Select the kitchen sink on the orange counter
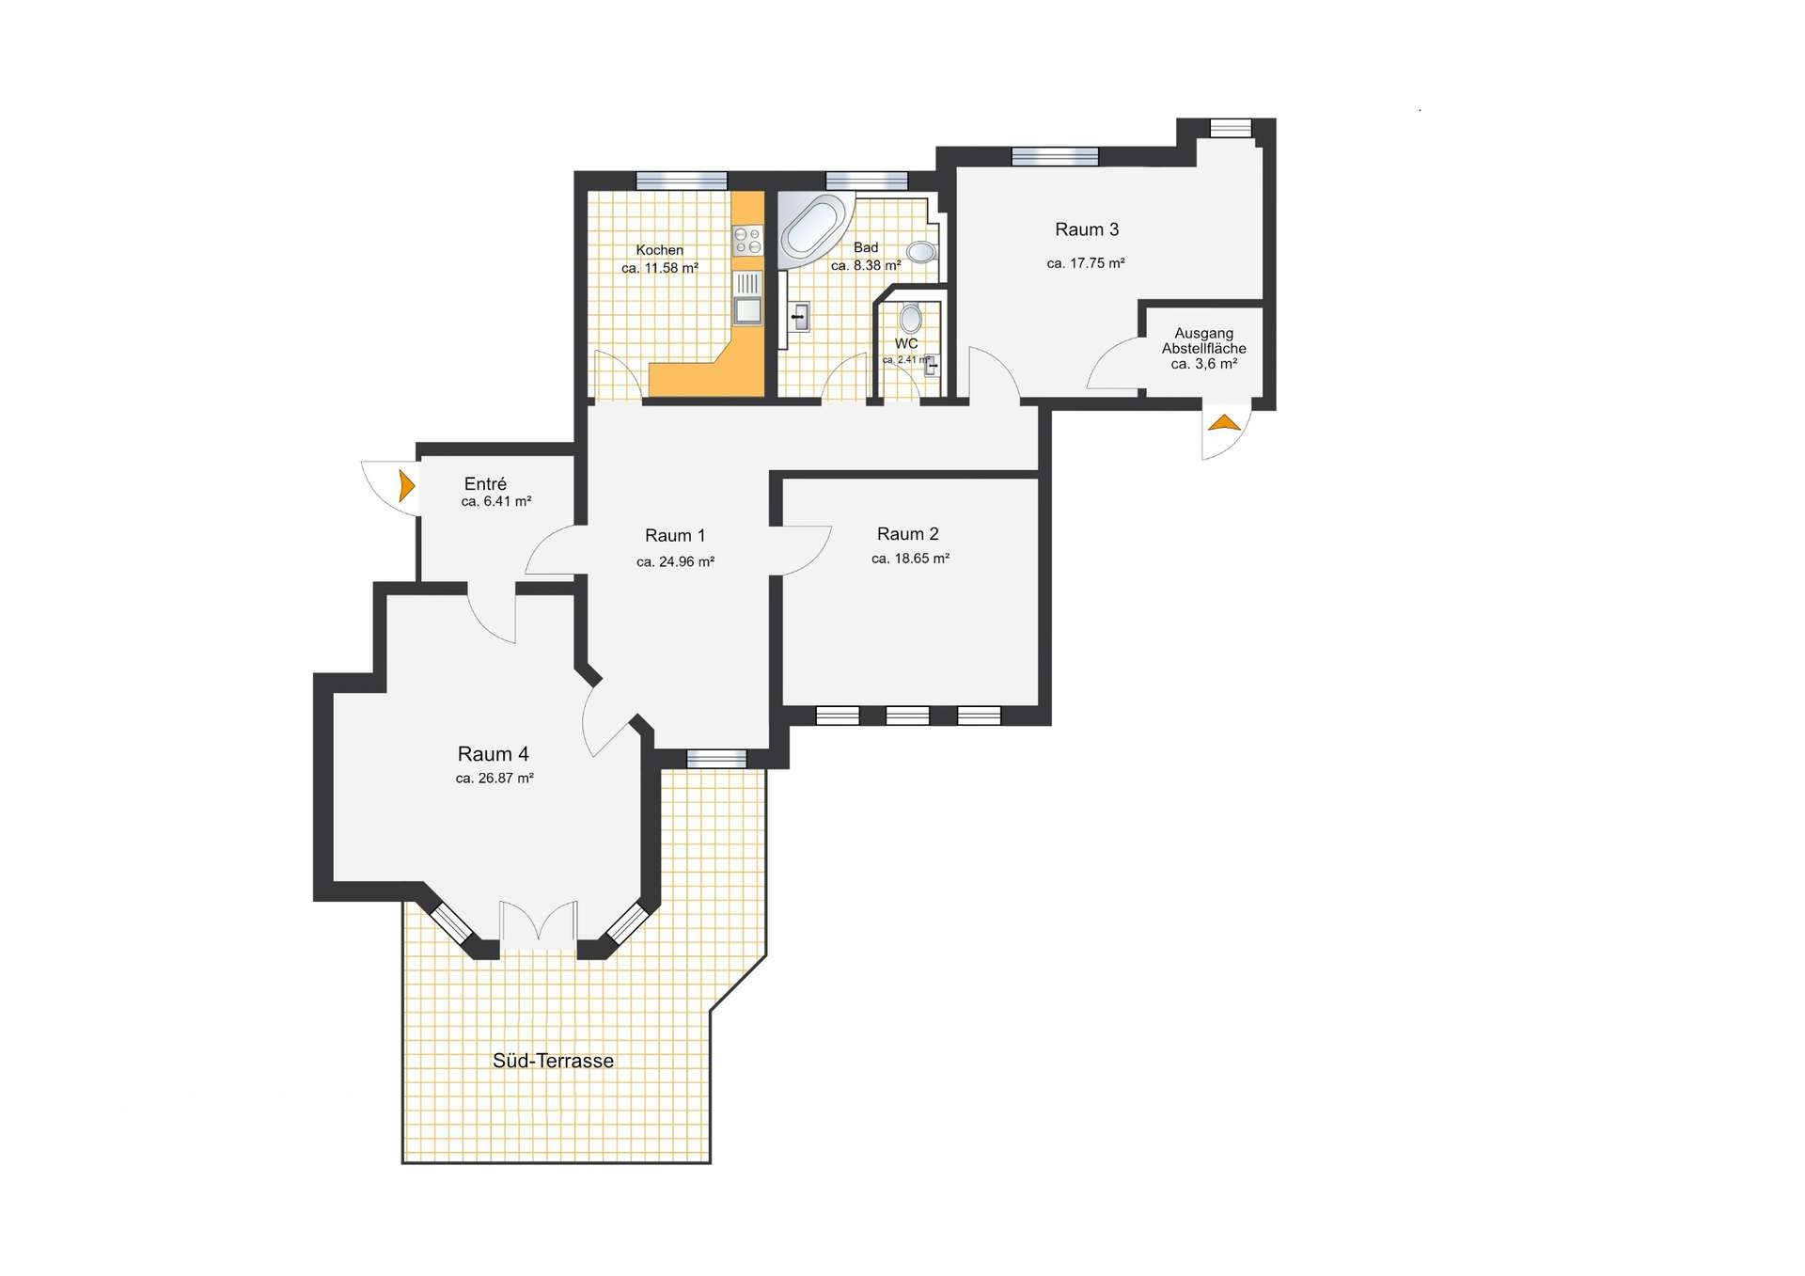[x=747, y=298]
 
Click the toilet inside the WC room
[x=910, y=319]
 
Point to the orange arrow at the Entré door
[x=407, y=485]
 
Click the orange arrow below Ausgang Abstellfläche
[x=1224, y=422]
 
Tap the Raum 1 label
[x=675, y=536]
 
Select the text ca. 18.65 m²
[x=910, y=559]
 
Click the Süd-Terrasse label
[x=553, y=1061]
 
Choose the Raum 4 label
[x=494, y=754]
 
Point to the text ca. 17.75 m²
[x=1086, y=263]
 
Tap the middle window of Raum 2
[x=908, y=717]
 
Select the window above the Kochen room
[x=682, y=181]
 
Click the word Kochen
[x=660, y=250]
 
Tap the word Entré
[x=485, y=484]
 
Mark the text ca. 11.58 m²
[x=660, y=268]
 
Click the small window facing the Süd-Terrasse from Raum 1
[x=716, y=759]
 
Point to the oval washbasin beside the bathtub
[x=921, y=251]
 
